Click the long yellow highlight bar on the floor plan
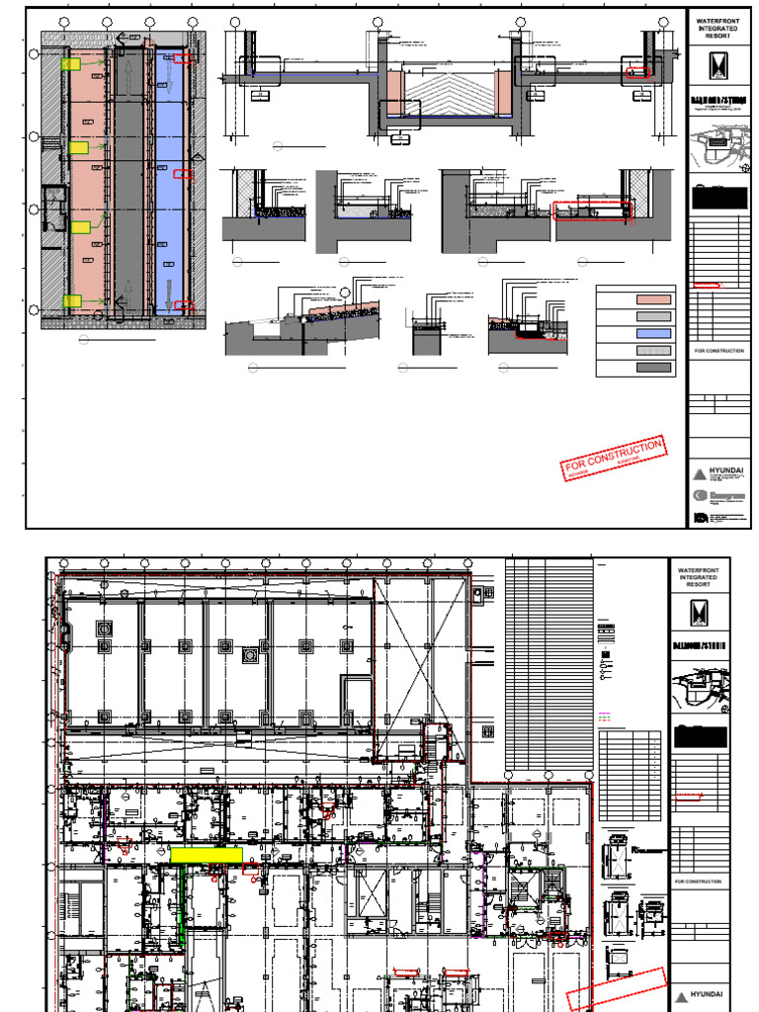click(206, 855)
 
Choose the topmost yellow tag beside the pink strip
click(71, 64)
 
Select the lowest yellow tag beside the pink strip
click(71, 301)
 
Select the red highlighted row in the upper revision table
click(707, 286)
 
